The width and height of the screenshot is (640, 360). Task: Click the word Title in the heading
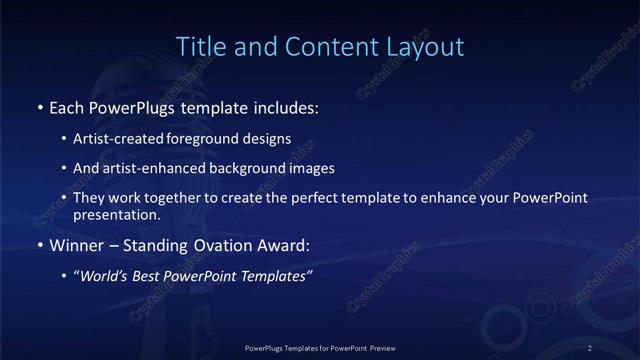(x=200, y=46)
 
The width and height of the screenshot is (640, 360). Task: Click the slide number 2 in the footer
(x=590, y=347)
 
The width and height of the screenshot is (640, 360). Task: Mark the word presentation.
(x=116, y=214)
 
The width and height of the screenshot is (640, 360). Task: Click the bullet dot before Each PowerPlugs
(x=39, y=106)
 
